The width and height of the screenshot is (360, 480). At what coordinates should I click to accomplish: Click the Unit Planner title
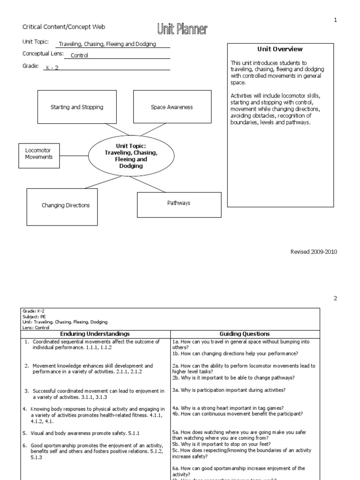pyautogui.click(x=182, y=30)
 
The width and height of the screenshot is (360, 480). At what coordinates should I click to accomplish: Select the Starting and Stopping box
pyautogui.click(x=77, y=107)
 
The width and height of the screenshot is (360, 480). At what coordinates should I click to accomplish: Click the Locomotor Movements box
pyautogui.click(x=39, y=154)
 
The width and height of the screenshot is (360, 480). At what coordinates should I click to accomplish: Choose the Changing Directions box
pyautogui.click(x=62, y=205)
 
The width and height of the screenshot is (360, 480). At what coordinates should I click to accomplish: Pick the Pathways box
pyautogui.click(x=179, y=203)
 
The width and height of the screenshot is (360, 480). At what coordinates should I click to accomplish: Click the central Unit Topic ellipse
pyautogui.click(x=131, y=153)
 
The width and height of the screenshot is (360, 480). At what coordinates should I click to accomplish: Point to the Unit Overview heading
pyautogui.click(x=280, y=49)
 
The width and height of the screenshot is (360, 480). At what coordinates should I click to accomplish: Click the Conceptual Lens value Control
pyautogui.click(x=79, y=55)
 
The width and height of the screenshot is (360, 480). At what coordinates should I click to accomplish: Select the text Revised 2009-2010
pyautogui.click(x=314, y=252)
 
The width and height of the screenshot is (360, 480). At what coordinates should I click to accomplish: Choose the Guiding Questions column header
pyautogui.click(x=245, y=334)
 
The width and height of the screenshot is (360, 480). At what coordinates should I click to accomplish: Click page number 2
pyautogui.click(x=335, y=298)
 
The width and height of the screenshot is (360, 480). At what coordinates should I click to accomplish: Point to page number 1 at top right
pyautogui.click(x=335, y=20)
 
